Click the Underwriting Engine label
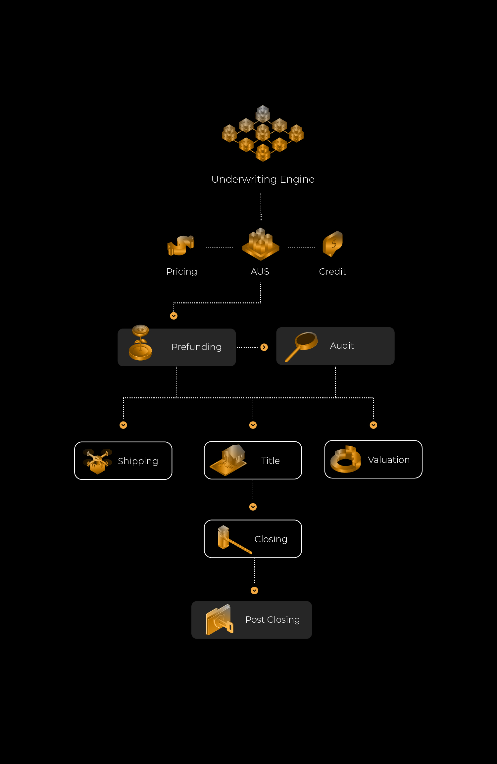263,179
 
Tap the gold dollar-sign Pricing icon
181,246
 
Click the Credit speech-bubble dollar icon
333,244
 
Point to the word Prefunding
196,347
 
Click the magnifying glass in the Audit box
302,346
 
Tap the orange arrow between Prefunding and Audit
264,347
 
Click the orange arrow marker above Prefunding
174,316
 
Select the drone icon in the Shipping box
97,461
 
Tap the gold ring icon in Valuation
346,460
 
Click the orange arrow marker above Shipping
123,425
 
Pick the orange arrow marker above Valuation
373,425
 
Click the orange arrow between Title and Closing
253,507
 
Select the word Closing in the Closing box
271,539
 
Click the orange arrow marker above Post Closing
254,591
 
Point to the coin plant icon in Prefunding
140,343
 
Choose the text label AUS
260,272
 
